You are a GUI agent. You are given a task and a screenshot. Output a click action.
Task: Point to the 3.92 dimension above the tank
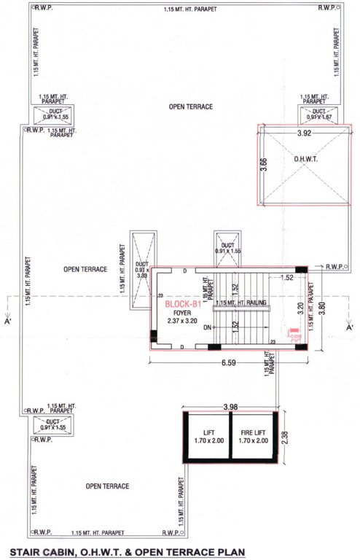point(304,133)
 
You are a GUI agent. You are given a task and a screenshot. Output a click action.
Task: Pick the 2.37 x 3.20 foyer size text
point(181,322)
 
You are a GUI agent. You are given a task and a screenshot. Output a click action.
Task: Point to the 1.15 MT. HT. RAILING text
point(241,303)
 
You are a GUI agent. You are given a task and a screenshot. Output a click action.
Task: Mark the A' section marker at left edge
point(7,319)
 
